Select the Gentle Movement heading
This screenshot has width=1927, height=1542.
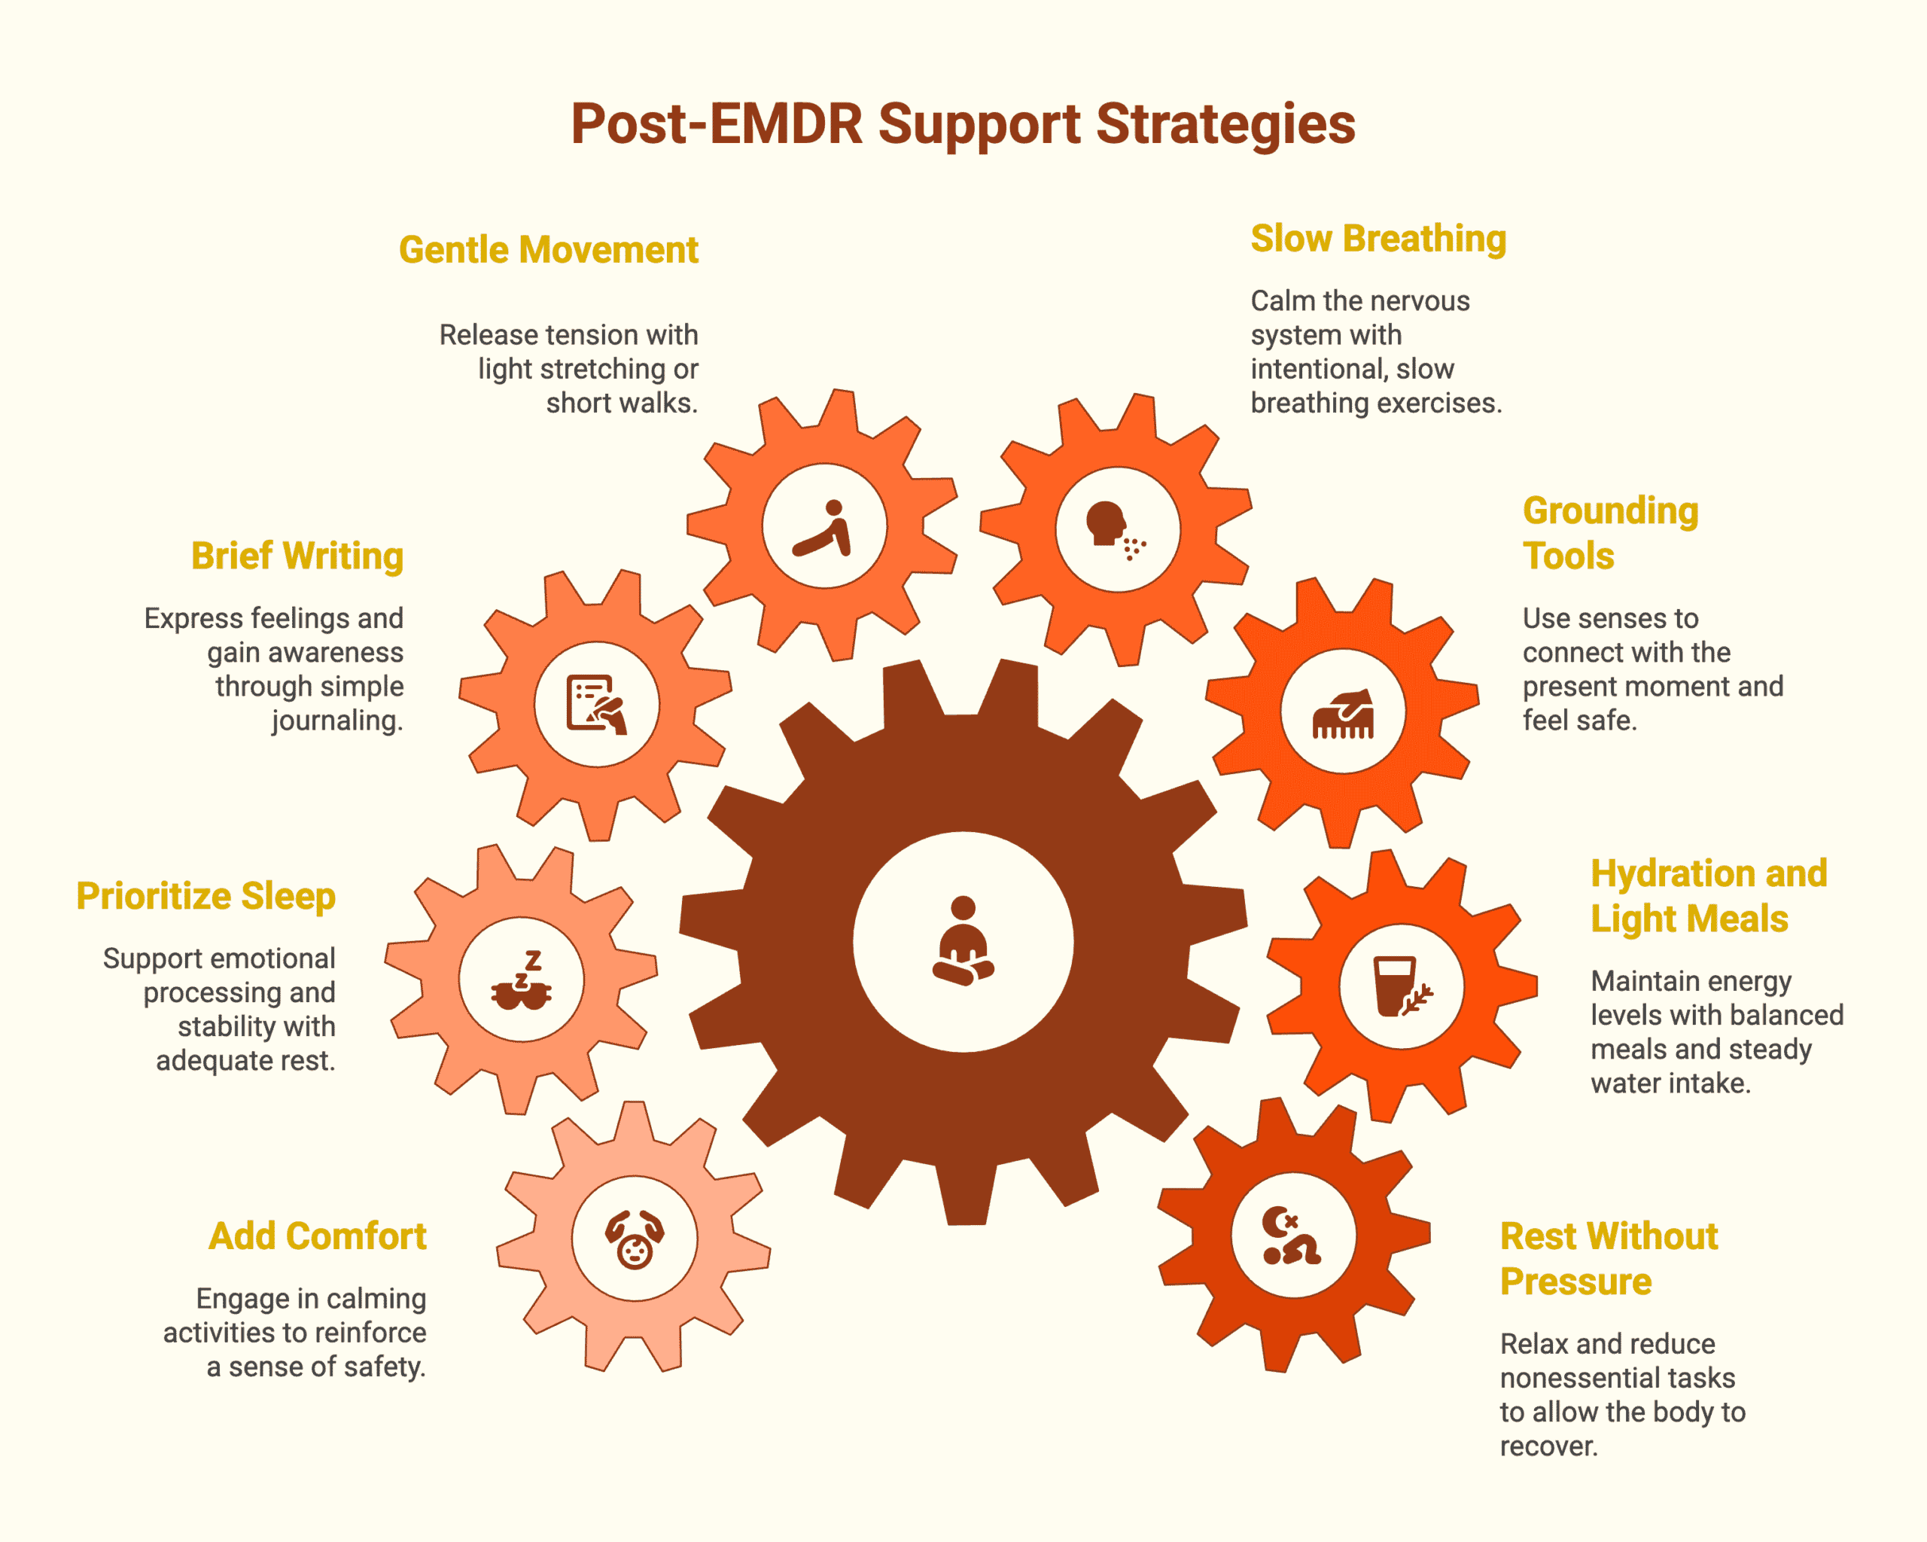(x=548, y=250)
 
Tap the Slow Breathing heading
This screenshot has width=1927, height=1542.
(x=1378, y=239)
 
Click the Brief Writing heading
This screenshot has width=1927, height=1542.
(x=297, y=556)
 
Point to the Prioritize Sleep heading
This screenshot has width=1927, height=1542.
(x=205, y=896)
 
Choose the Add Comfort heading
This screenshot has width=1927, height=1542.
(x=318, y=1236)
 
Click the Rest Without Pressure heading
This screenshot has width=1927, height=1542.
(x=1608, y=1259)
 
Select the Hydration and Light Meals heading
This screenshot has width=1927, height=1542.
(x=1707, y=896)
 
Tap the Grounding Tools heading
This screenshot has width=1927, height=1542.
(x=1609, y=533)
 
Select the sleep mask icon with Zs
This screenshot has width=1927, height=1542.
(x=522, y=980)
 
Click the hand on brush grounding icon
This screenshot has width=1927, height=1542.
(x=1342, y=712)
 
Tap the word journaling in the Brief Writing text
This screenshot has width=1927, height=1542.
(x=337, y=721)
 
